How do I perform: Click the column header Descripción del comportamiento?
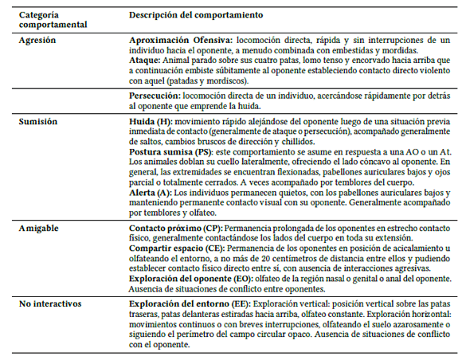pos(197,15)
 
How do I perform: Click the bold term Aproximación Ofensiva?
pos(181,40)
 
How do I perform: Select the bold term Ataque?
pos(145,60)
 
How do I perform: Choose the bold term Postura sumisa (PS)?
pos(174,151)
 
